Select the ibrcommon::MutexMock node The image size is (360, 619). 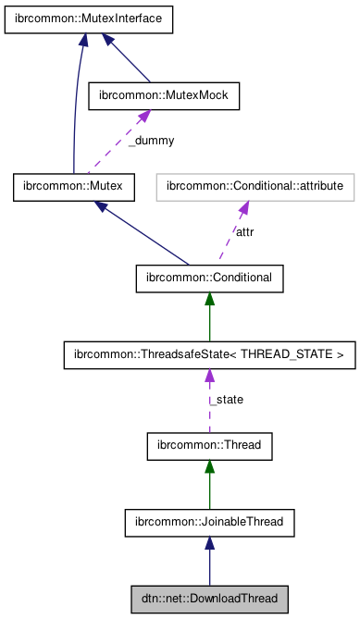pos(163,95)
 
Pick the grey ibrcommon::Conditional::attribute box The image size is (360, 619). pos(254,188)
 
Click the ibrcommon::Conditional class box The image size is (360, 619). pos(209,277)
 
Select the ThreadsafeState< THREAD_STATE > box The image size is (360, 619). pos(209,354)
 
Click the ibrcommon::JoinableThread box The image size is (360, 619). pos(209,524)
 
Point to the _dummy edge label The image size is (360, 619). pos(150,142)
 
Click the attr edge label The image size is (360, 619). pos(244,232)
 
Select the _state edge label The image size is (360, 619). pos(227,401)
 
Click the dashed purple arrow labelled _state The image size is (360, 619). pos(209,407)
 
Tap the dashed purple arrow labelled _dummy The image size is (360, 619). pos(116,143)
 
